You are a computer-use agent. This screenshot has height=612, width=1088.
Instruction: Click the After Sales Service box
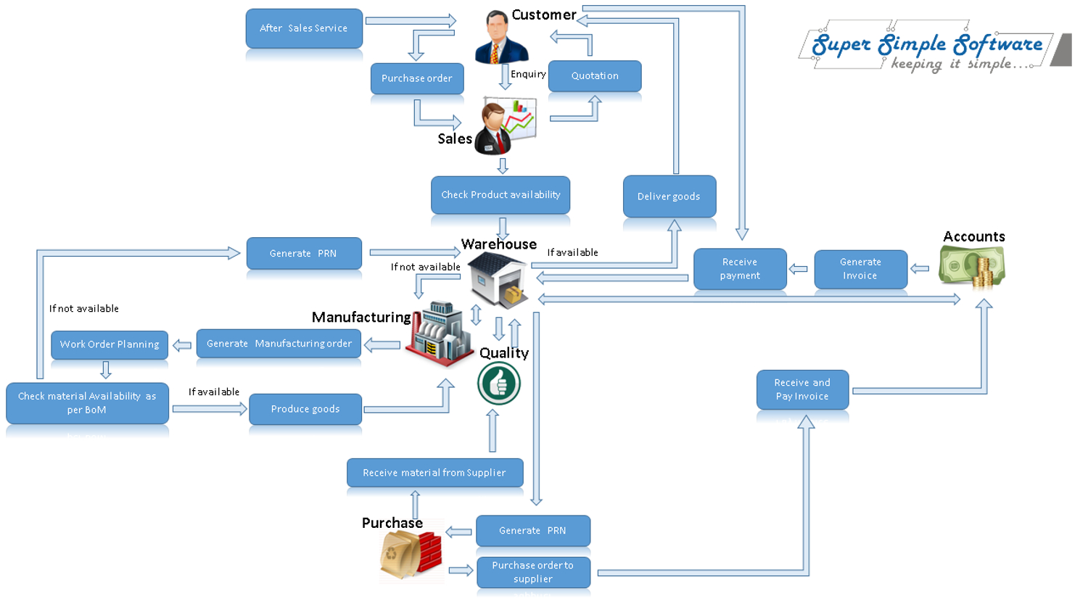click(x=304, y=28)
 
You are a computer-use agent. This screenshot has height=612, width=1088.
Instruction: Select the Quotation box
click(x=595, y=75)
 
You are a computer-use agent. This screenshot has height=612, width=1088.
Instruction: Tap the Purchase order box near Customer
click(x=417, y=78)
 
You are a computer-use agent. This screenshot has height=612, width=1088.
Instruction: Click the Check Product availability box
click(x=500, y=194)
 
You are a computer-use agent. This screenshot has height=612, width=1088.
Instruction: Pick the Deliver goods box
click(x=669, y=196)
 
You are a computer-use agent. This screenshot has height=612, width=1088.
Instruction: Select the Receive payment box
click(x=740, y=268)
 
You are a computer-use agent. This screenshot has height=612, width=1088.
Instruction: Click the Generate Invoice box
click(x=860, y=268)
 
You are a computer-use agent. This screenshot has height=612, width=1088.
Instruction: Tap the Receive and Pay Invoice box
click(x=802, y=389)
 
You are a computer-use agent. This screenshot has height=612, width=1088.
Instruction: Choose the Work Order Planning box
click(x=110, y=344)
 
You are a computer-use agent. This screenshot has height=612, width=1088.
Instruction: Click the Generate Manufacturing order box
click(x=279, y=343)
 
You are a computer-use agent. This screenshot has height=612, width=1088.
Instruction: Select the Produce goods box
click(x=305, y=409)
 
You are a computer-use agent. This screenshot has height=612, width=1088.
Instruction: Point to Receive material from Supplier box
click(x=434, y=472)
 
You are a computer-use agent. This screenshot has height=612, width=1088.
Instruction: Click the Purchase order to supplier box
click(x=533, y=571)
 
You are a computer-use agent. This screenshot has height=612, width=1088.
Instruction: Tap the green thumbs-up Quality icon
click(x=499, y=384)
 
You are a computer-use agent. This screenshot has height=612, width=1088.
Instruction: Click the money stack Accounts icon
click(x=972, y=267)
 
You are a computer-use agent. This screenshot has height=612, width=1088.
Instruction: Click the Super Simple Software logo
click(x=928, y=49)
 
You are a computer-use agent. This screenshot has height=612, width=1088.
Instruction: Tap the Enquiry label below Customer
click(x=528, y=74)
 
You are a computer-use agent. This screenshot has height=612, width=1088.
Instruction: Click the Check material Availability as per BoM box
click(x=87, y=402)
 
